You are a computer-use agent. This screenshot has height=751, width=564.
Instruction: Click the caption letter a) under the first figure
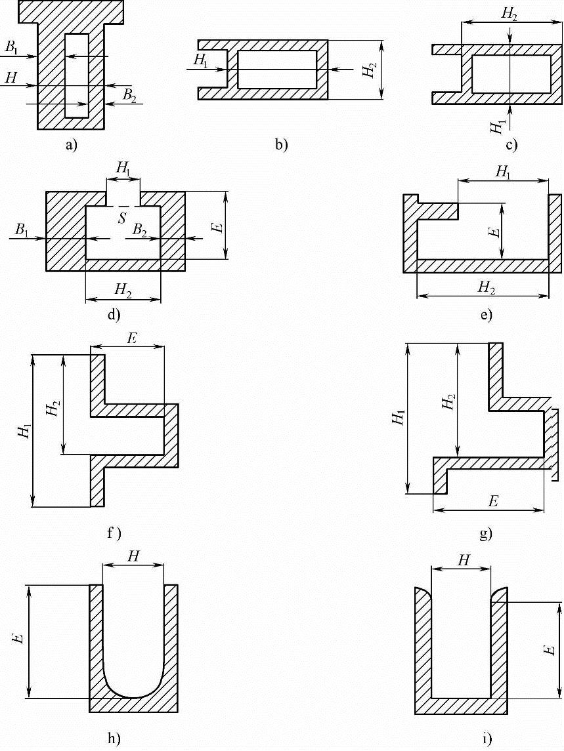tap(72, 146)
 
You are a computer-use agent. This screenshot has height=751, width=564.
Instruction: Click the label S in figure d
tap(123, 217)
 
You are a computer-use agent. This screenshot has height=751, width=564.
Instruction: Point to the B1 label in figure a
tap(12, 48)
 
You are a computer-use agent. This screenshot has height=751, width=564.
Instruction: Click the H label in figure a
tap(10, 78)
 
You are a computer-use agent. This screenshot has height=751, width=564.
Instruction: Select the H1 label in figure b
tap(201, 60)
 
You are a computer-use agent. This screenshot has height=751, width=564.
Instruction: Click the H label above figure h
tap(133, 556)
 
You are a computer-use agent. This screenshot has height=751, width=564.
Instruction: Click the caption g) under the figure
tap(486, 534)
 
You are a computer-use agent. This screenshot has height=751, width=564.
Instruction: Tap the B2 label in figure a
tap(129, 96)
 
